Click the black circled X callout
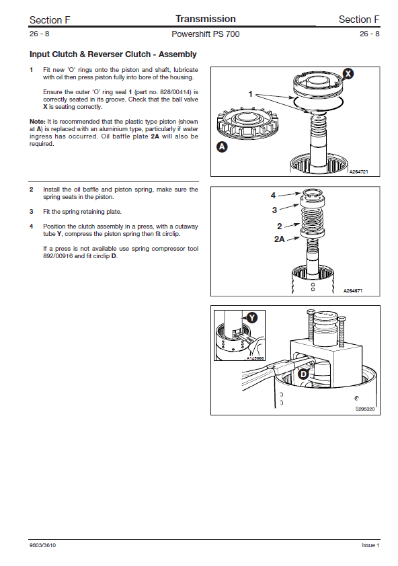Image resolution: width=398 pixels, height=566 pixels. pos(348,74)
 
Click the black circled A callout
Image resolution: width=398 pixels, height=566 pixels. pos(222,147)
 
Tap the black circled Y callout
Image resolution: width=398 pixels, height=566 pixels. pos(251,318)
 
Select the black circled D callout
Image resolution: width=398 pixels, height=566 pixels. pos(303,374)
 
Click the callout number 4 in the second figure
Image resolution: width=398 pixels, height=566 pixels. pos(273,196)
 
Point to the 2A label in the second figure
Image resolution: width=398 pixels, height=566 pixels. pos(280,239)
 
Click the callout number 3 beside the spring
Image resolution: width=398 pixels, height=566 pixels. pos(274,210)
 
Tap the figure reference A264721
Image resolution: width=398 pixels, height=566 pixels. pos(358,172)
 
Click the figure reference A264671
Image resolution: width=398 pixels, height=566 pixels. pos(353,290)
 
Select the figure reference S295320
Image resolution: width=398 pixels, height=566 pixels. pos(365,409)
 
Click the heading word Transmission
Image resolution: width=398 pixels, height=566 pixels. pos(206,19)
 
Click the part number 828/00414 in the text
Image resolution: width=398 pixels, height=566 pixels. pos(175,92)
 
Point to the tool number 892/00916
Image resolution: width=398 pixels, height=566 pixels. pos(58,256)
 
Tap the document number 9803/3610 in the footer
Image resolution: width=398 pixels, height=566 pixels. pos(42,545)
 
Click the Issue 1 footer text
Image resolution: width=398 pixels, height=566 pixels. pos(370,545)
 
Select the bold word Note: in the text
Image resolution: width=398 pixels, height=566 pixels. pos(37,122)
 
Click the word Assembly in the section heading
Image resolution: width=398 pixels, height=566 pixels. pos(177,54)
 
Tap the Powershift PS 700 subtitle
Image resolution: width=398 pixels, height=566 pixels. pos(206,34)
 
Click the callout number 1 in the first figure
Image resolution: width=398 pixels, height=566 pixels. pos(250,94)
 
